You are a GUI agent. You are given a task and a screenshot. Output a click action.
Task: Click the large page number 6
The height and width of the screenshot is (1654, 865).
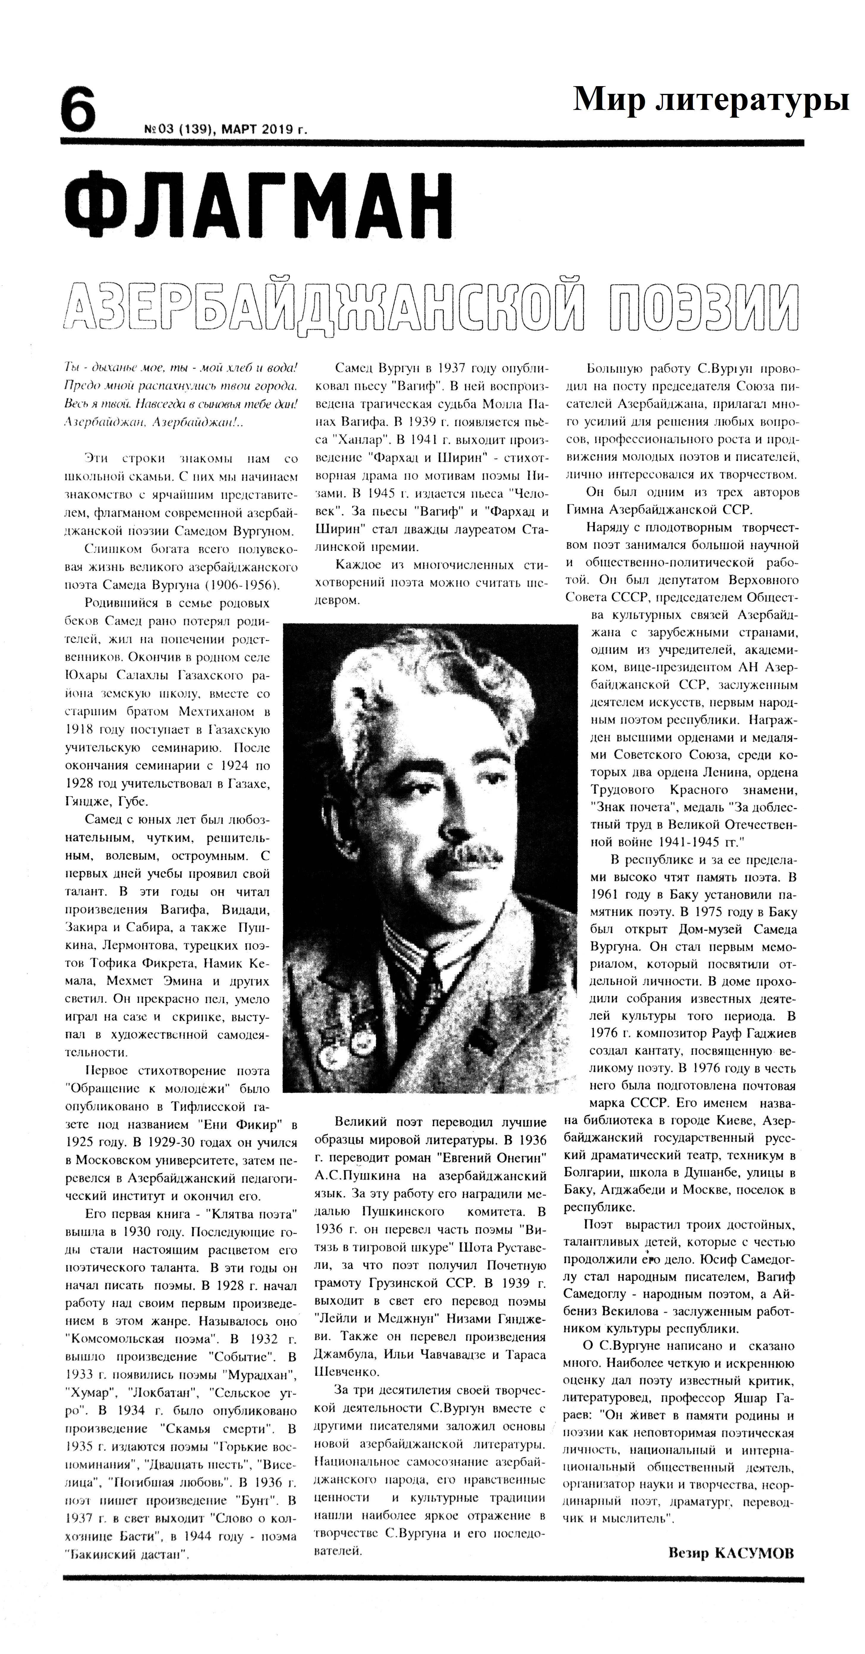78,111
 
